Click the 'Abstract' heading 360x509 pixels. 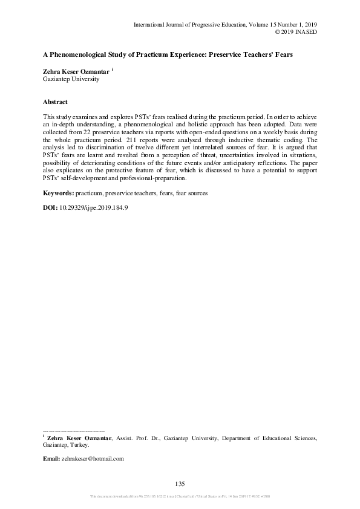tap(55, 102)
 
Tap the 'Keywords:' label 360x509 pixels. tap(58, 193)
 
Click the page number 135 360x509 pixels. tap(179, 483)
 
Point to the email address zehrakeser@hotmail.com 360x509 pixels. tap(93, 459)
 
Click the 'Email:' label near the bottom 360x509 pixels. tap(51, 459)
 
